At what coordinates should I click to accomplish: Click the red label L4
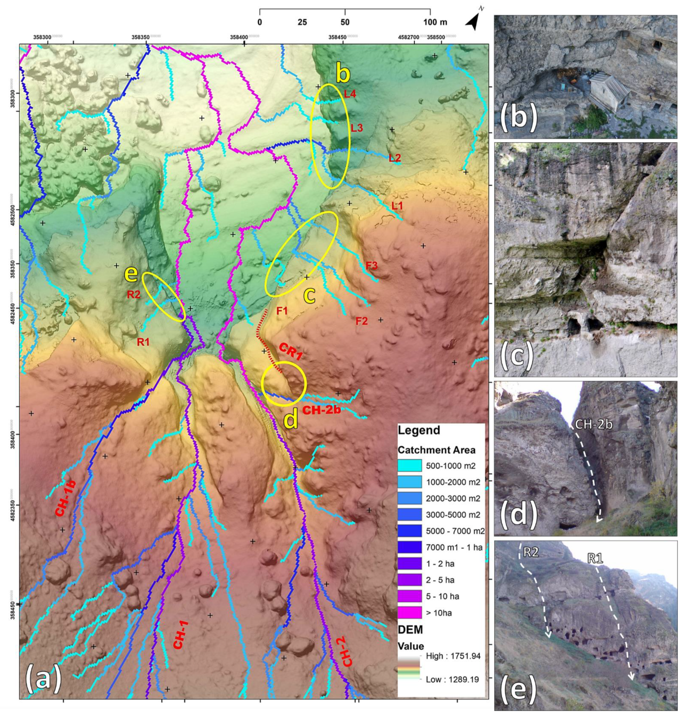[350, 94]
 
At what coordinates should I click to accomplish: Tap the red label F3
[372, 265]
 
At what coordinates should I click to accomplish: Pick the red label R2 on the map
[133, 295]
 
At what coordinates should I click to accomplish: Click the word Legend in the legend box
[419, 430]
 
